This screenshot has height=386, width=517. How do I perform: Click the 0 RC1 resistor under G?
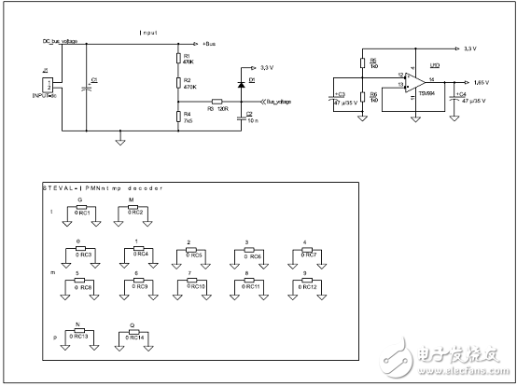[79, 210]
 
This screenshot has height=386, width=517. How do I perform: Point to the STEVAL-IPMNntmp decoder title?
[103, 187]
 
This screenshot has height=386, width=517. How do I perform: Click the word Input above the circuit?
[148, 32]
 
